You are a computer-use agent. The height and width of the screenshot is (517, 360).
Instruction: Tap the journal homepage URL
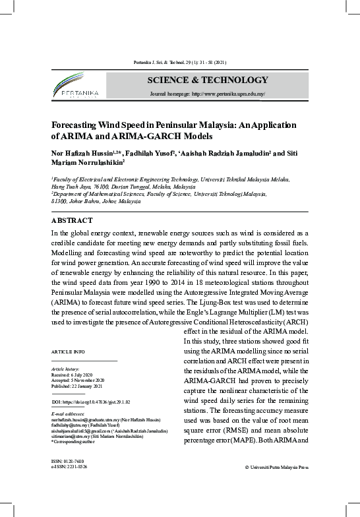click(x=208, y=94)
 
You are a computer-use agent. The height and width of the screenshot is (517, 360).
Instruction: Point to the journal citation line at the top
click(x=180, y=63)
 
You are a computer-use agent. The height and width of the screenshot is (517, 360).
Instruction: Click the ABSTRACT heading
click(x=72, y=220)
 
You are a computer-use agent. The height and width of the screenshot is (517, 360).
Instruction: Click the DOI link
click(x=91, y=401)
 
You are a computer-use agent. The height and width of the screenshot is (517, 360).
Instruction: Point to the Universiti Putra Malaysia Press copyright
click(x=276, y=468)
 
